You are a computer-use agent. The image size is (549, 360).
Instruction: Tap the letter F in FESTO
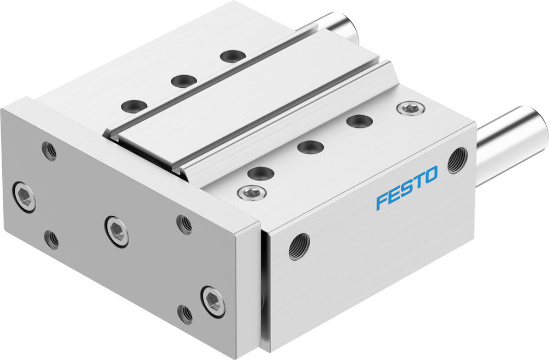382,200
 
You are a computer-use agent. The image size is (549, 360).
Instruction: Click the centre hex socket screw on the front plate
117,231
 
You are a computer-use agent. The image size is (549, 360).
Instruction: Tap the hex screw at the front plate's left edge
25,196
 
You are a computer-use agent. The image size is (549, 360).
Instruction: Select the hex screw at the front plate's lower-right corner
212,301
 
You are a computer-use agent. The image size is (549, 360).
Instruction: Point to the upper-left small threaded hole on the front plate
50,151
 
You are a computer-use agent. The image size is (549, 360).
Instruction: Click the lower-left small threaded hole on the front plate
52,239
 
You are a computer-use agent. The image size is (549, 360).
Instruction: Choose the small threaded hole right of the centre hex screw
184,224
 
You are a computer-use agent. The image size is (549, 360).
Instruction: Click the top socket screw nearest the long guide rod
411,109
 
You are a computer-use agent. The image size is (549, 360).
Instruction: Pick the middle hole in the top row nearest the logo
310,147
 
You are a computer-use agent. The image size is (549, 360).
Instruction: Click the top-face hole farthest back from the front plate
231,55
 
